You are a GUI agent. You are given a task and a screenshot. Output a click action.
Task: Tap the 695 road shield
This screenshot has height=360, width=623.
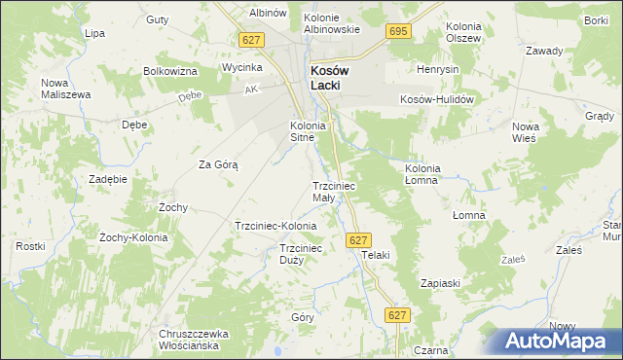(397, 32)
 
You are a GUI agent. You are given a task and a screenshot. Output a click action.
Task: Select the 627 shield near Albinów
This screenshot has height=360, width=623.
(252, 39)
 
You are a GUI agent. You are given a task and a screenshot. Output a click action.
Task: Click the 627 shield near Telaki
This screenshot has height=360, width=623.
(358, 239)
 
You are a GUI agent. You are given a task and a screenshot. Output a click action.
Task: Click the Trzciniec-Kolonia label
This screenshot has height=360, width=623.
(275, 226)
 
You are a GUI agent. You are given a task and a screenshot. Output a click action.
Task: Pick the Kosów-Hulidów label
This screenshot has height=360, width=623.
(436, 99)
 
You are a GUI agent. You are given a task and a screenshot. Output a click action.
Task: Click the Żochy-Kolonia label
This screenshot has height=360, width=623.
(134, 237)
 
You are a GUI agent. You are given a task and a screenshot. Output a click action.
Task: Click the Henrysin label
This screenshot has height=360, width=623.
(437, 70)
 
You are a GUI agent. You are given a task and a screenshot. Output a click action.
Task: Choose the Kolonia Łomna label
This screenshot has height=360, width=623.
(423, 174)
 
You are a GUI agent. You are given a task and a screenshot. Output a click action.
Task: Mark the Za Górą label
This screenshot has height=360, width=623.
(219, 165)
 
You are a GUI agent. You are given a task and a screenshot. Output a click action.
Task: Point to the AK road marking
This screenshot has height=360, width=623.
(251, 90)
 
